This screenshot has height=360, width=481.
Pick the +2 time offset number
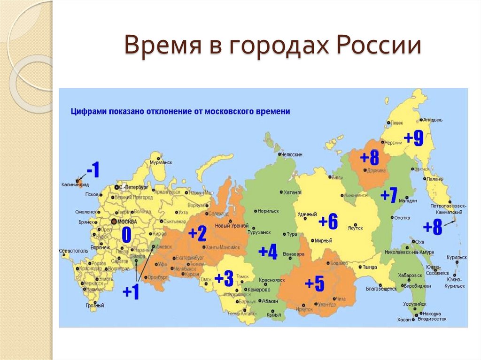tap(197, 233)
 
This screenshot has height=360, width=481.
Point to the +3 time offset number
tap(224, 279)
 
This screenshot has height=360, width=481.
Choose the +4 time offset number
tap(268, 252)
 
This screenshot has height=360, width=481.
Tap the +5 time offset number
tap(314, 283)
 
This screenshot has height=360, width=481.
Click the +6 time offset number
tap(328, 222)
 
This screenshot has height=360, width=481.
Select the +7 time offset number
tap(389, 195)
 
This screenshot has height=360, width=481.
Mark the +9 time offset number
tap(414, 138)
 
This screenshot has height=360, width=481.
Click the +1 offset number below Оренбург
tap(131, 292)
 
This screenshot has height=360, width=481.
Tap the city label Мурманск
tap(160, 162)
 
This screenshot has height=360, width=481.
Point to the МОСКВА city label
tap(127, 221)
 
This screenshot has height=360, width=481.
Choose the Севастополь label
tap(74, 251)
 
